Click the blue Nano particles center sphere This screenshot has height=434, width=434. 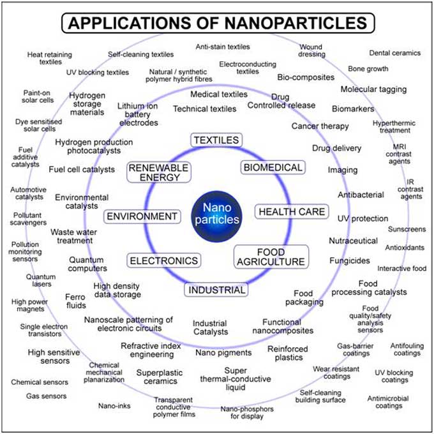[216, 214]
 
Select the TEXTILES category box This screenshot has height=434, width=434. [216, 140]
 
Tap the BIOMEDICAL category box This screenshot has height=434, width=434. [273, 167]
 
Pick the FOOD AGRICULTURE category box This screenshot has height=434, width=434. [271, 257]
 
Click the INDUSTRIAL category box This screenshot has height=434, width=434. [216, 290]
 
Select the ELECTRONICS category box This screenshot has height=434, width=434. [164, 260]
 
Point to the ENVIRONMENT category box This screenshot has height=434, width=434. [142, 216]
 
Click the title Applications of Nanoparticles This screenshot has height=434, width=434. [217, 24]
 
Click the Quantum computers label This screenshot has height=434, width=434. [87, 264]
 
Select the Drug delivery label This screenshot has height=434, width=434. [336, 148]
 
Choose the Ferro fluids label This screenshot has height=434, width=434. [75, 301]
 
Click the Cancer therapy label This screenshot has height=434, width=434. [320, 126]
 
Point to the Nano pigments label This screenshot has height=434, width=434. [223, 352]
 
